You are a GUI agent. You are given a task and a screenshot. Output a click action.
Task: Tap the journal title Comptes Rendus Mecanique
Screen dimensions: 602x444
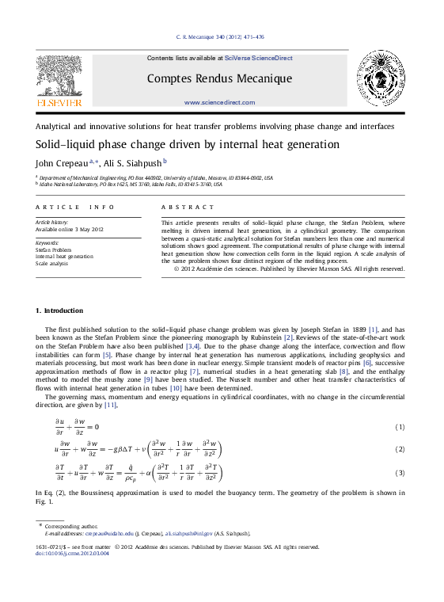tap(219, 78)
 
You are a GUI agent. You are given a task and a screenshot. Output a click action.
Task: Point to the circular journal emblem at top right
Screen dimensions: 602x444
tap(383, 78)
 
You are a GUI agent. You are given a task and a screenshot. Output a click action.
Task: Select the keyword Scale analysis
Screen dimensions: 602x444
tap(53, 263)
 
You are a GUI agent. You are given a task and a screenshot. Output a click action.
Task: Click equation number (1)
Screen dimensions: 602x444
tap(400, 428)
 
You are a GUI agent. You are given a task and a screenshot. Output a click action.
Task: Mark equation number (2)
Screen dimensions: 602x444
tap(400, 449)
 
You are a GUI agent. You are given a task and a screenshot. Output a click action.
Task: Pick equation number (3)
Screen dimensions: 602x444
tap(400, 473)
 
